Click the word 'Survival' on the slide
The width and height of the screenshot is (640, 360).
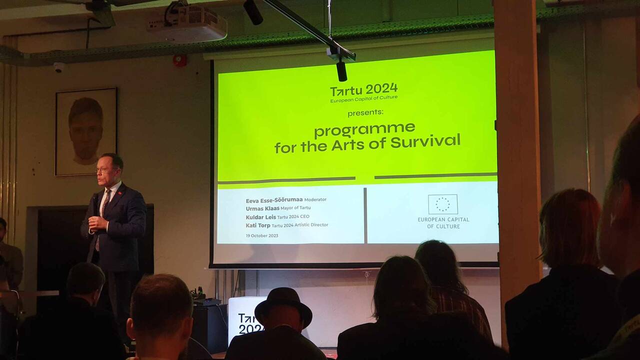click(425, 141)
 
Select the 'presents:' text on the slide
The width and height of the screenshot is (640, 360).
click(365, 113)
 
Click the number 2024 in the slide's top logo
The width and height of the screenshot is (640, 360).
click(381, 89)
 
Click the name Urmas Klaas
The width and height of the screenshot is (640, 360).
click(262, 208)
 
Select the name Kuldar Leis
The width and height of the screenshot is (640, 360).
click(261, 217)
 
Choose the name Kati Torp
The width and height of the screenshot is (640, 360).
click(258, 225)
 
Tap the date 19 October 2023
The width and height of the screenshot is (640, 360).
click(262, 235)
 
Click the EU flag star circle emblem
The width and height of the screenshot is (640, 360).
click(443, 204)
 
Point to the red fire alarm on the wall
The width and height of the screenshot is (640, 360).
click(180, 60)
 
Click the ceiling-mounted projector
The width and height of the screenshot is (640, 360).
click(187, 22)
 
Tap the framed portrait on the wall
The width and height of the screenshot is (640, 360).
click(86, 131)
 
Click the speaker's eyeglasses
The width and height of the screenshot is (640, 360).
click(103, 170)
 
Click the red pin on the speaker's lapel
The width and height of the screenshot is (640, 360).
click(119, 193)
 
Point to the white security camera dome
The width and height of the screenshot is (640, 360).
click(59, 67)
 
